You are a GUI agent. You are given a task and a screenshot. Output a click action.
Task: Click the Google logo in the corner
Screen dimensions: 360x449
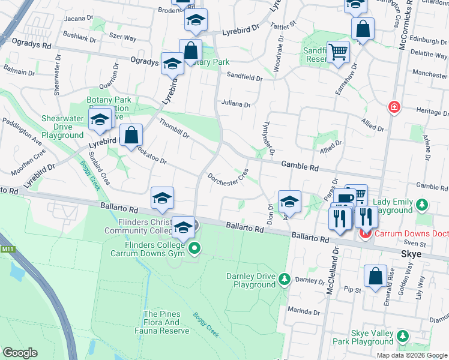(x=20, y=353)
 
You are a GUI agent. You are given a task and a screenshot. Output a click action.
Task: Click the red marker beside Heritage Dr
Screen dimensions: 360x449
(x=394, y=107)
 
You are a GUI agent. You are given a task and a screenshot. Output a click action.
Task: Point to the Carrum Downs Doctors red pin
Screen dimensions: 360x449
(x=364, y=232)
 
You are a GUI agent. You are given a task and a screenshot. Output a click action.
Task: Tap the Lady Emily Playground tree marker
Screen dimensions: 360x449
(x=423, y=205)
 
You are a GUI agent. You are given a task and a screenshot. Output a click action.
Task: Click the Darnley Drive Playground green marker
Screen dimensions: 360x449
(x=285, y=279)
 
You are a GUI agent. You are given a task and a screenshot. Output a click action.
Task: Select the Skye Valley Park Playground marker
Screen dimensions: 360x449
(x=403, y=336)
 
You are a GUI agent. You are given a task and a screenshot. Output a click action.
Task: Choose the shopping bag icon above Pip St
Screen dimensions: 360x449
(x=375, y=276)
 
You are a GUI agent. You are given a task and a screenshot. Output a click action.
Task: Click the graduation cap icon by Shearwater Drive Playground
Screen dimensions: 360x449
(x=100, y=119)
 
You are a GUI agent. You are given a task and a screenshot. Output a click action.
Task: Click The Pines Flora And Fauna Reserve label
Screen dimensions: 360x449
(x=166, y=322)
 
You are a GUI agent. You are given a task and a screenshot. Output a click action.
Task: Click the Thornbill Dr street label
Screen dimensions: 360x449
(x=174, y=127)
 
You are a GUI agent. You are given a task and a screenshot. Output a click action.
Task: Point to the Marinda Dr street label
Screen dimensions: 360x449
(x=304, y=312)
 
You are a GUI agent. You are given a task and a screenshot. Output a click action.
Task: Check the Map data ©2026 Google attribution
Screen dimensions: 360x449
(x=412, y=355)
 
